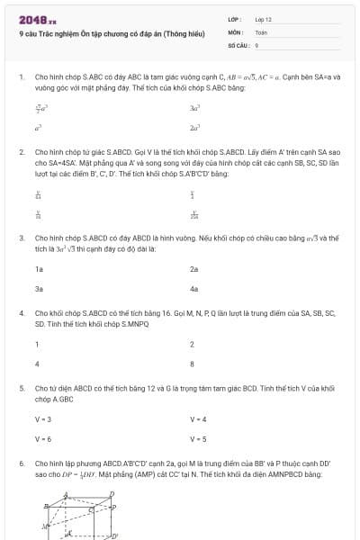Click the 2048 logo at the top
31,19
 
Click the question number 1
21,77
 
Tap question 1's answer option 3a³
194,107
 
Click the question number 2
21,152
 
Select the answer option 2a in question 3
193,268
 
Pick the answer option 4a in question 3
193,290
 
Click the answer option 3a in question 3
39,290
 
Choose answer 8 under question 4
192,364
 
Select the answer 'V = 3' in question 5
43,418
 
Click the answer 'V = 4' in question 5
198,418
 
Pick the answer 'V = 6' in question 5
43,439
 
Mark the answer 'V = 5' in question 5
198,439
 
